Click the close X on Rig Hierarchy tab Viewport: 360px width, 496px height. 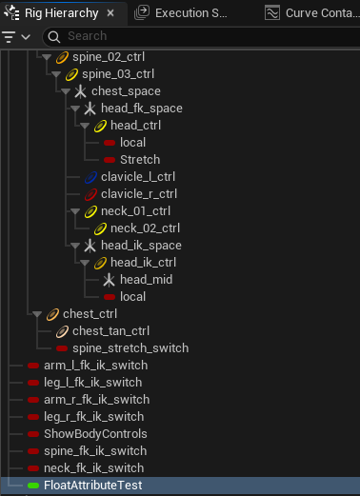110,13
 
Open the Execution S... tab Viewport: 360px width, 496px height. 181,13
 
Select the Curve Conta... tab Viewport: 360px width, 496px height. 312,13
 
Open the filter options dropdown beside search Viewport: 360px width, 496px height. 16,37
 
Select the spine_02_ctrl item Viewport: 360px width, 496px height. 109,57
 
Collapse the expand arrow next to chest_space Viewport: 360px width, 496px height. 66,91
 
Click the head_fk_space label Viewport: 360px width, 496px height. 142,109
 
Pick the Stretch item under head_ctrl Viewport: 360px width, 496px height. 140,160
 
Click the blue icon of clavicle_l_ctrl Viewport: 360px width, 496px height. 90,177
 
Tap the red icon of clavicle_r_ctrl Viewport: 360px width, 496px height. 90,194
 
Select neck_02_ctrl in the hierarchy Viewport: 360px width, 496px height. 145,228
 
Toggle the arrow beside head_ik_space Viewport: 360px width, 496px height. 75,246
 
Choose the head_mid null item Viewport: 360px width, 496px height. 146,280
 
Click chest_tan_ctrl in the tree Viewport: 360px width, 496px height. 110,331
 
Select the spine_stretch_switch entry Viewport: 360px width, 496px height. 130,348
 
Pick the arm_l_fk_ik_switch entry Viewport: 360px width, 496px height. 95,366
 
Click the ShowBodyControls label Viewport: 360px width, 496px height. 95,434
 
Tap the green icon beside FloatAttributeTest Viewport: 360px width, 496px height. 33,486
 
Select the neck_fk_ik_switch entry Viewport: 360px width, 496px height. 93,468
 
